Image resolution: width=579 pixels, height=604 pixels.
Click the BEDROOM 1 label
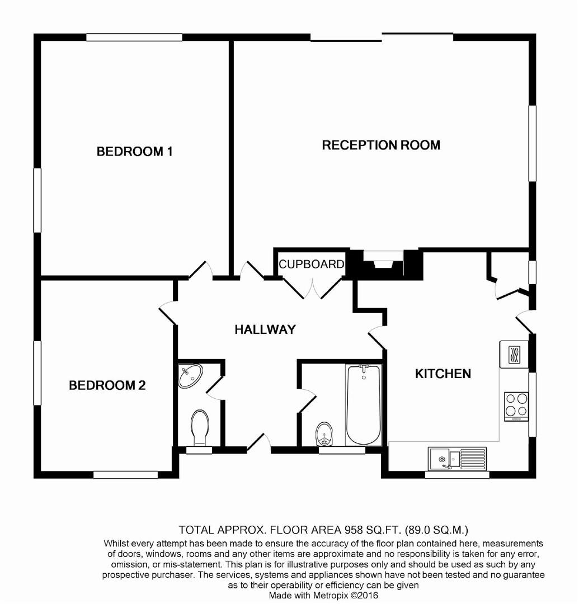click(134, 151)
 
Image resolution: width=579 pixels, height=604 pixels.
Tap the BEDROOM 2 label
click(107, 385)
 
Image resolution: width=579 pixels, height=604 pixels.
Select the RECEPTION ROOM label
click(381, 145)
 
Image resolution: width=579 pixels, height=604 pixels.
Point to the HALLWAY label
click(265, 329)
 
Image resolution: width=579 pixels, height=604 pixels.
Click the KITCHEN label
click(443, 373)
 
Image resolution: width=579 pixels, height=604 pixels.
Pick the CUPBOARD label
click(311, 264)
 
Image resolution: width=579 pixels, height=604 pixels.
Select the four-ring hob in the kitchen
click(516, 406)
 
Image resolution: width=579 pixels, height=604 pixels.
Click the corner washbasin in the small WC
click(190, 375)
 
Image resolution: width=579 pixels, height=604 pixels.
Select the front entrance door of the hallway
click(259, 442)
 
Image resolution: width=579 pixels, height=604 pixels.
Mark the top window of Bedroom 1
click(134, 37)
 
